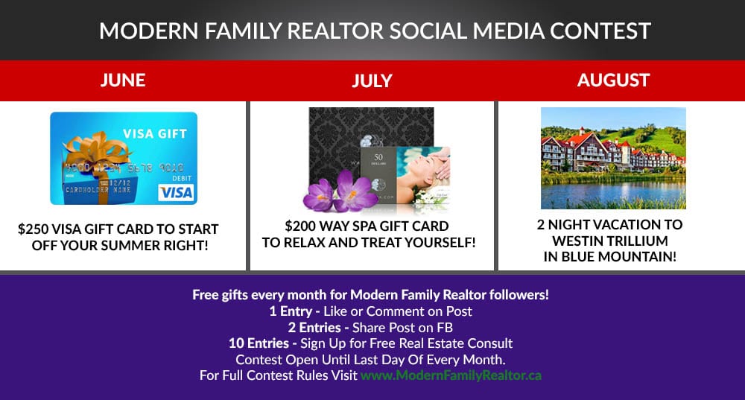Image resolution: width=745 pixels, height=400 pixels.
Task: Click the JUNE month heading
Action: (123, 80)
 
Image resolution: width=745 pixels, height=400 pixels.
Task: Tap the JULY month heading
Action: (372, 80)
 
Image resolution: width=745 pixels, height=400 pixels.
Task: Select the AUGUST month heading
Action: (613, 80)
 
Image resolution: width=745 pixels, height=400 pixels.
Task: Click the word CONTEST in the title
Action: (600, 31)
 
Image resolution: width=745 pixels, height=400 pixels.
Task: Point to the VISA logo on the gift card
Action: (177, 192)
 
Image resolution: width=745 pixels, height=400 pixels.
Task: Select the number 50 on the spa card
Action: (378, 157)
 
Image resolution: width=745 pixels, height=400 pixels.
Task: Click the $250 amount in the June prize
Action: (33, 229)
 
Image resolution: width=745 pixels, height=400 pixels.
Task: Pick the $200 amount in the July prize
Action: (300, 226)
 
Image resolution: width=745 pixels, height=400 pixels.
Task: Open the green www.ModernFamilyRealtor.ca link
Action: (451, 375)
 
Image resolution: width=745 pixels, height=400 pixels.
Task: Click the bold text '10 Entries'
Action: (259, 343)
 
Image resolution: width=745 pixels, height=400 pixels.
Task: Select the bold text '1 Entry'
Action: (291, 311)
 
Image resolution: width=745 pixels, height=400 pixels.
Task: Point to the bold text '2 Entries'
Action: (314, 327)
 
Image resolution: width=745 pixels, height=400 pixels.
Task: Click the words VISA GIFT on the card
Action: (155, 134)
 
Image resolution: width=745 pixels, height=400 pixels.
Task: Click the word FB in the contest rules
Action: (445, 327)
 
